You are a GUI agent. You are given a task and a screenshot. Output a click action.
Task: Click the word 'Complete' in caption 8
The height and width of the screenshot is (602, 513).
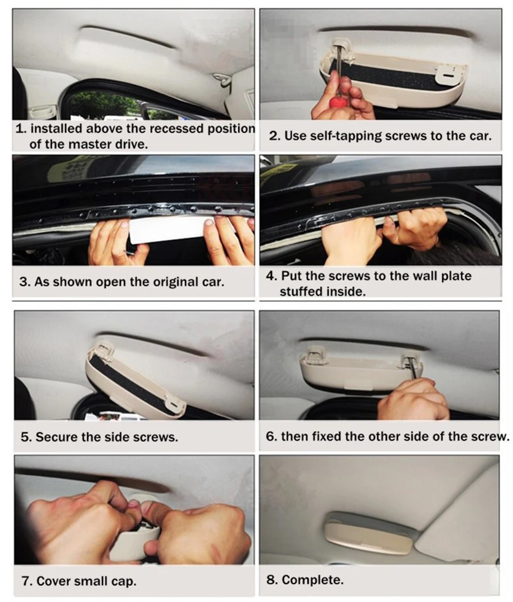pos(312,580)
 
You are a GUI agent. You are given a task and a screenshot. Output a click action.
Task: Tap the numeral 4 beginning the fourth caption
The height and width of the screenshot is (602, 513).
pos(269,276)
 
